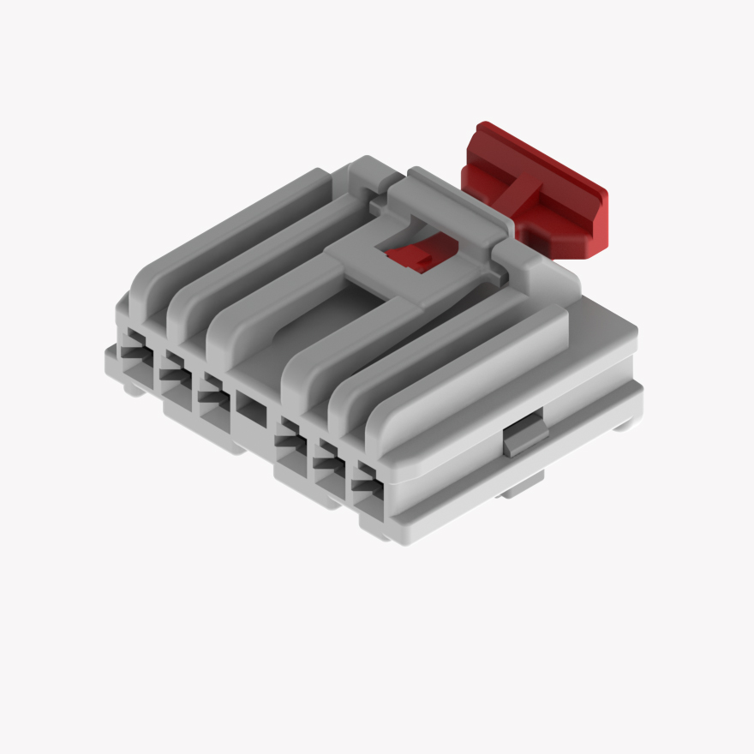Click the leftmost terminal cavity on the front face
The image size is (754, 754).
135,353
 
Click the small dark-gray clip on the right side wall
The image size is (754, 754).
524,439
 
